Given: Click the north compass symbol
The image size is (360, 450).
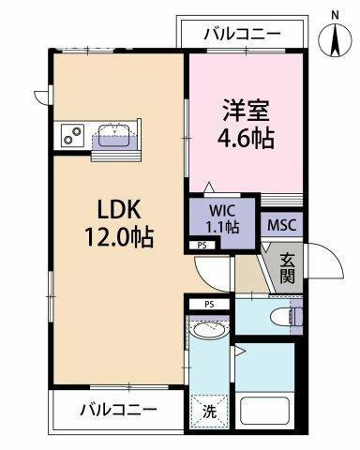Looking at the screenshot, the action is click(335, 39).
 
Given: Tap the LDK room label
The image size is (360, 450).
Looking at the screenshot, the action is click(118, 209).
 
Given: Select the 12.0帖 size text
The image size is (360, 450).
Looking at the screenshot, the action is click(118, 237).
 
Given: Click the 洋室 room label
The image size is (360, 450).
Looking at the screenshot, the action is click(246, 111).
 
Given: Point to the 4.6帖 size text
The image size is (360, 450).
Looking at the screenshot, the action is click(246, 139).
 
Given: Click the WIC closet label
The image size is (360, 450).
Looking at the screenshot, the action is click(222, 211).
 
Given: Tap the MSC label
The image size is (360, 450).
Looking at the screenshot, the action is click(282, 225).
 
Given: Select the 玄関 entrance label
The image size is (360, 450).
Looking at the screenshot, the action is click(287, 268).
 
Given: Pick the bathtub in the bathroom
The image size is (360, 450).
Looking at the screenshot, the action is click(264, 412).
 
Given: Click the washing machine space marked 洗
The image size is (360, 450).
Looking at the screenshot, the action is click(209, 412).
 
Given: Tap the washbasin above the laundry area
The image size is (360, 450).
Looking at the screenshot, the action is click(208, 329).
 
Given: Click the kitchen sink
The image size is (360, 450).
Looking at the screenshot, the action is click(114, 135).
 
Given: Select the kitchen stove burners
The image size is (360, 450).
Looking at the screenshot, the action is click(72, 135).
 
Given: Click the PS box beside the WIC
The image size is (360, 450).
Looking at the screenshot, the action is click(202, 246).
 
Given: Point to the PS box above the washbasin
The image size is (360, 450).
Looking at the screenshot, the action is click(209, 304).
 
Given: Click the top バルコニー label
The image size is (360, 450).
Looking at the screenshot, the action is click(242, 34).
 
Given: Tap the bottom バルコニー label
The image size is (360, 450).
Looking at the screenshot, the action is click(118, 410).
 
